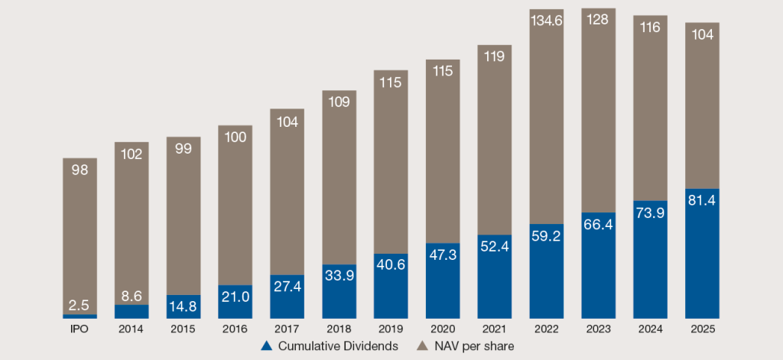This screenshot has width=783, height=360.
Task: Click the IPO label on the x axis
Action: point(80,329)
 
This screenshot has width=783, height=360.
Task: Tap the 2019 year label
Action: point(391,329)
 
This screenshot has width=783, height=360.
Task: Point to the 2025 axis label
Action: point(702,329)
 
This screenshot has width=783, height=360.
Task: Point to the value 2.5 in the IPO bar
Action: point(80,305)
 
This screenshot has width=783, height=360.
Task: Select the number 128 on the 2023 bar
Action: point(598,20)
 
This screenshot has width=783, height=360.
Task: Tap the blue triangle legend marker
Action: point(267,346)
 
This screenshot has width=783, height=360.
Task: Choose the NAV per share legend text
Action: point(475,346)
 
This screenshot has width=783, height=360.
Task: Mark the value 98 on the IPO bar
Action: point(80,170)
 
